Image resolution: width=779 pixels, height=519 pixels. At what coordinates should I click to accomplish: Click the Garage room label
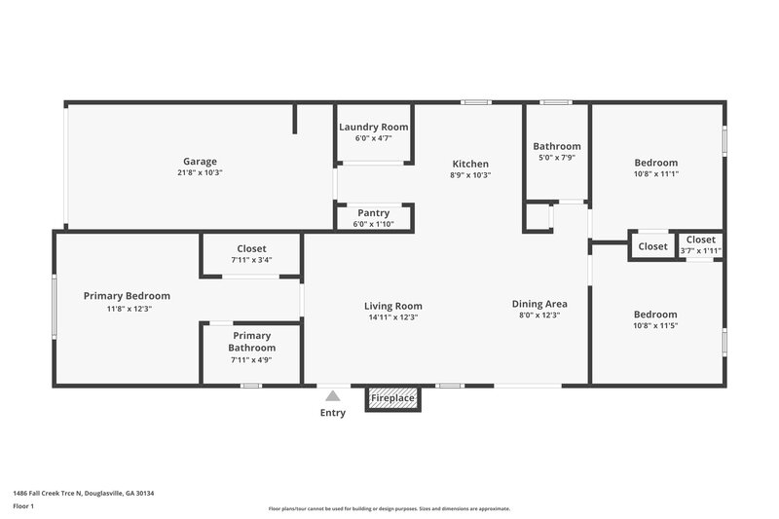click(x=200, y=162)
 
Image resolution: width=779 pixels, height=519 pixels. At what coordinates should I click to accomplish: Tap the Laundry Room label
click(x=373, y=128)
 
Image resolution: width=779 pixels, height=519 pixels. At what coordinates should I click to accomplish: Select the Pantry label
click(x=373, y=213)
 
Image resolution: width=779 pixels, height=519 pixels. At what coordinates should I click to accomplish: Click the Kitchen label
click(x=470, y=164)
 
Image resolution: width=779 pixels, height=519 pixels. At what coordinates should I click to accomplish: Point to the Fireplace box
click(x=393, y=398)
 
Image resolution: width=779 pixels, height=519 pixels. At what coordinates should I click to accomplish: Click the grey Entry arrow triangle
click(x=332, y=395)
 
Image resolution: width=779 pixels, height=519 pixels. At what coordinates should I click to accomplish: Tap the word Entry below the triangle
click(x=332, y=413)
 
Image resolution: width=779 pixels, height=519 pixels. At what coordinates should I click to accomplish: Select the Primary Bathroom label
click(x=251, y=342)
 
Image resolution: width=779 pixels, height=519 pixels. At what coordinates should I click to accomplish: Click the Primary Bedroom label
click(x=127, y=296)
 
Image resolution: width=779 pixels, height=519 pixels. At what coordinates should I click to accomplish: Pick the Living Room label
click(x=393, y=306)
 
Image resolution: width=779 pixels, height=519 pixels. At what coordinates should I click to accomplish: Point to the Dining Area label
click(x=539, y=304)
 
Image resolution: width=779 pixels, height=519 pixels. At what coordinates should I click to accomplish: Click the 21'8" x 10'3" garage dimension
click(x=200, y=173)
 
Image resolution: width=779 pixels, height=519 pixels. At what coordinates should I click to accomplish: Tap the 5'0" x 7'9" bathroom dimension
click(x=557, y=158)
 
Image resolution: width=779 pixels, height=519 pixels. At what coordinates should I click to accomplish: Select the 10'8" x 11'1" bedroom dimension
click(x=655, y=174)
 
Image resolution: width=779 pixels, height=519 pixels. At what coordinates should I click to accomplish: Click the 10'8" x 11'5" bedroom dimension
click(x=655, y=326)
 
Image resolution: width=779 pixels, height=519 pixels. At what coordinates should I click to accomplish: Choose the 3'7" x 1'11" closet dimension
click(x=701, y=251)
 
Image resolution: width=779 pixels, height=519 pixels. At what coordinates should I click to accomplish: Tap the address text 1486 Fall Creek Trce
click(x=83, y=493)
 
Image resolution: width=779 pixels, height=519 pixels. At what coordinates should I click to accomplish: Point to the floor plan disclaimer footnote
click(x=389, y=508)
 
